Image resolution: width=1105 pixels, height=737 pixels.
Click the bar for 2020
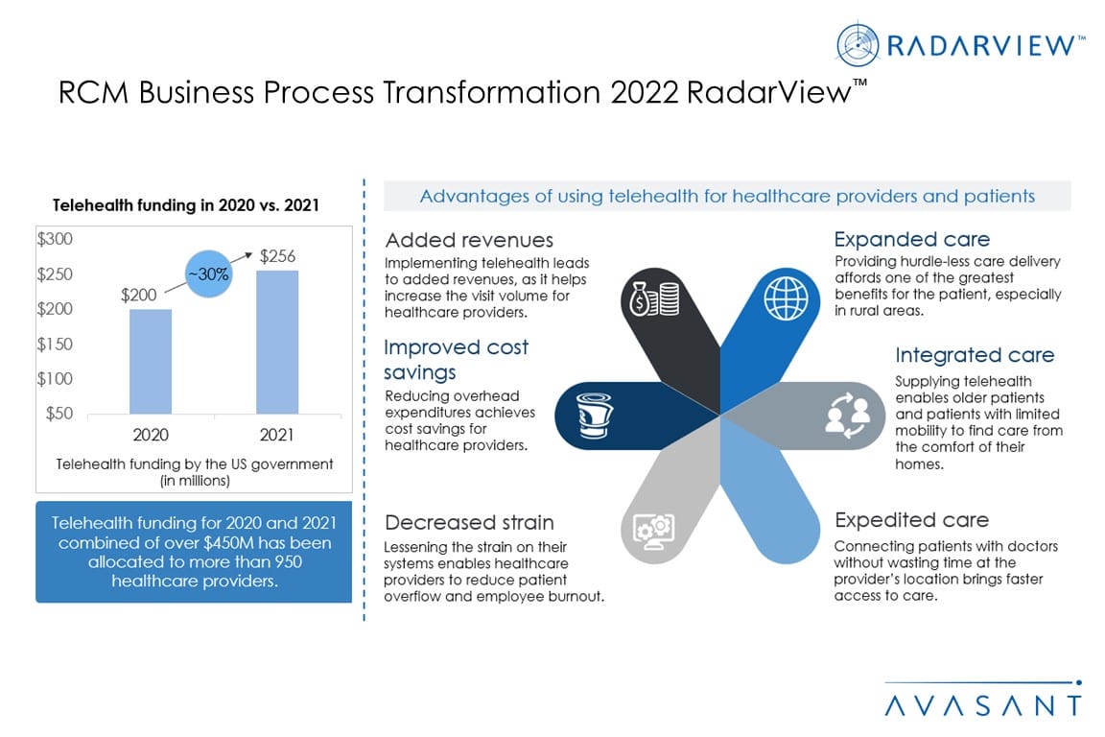coord(150,361)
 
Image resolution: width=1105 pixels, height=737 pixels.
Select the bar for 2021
coord(277,342)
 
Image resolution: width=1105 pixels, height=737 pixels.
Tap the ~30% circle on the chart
coord(208,273)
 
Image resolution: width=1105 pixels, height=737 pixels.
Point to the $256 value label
coord(277,256)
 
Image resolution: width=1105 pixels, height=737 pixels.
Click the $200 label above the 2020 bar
coord(139,295)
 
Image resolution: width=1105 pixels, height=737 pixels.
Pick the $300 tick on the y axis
coord(55,239)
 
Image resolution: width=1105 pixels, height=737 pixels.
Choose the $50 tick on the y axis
coord(59,414)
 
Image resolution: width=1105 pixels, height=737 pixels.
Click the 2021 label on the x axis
coord(276,435)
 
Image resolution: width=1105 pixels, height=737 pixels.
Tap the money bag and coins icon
coord(655,298)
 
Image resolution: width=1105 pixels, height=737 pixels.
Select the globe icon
coord(787,298)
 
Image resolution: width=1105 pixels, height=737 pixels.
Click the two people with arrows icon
coord(848,416)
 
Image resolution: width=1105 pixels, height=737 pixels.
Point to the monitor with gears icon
coord(653,532)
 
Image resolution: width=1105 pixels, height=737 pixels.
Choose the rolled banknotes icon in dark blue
coord(594,416)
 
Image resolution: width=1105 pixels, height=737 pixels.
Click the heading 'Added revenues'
coord(469,241)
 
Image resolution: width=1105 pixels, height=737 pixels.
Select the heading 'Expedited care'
coord(911,520)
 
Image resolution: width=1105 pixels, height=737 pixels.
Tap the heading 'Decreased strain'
coord(469,523)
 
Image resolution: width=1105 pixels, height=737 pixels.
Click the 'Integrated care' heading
coord(975,355)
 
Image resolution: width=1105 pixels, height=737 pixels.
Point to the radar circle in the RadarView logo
coord(858,45)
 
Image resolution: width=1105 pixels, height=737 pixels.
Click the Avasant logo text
coord(983,705)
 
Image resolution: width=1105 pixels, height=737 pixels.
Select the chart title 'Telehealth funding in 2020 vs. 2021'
coord(186,205)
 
